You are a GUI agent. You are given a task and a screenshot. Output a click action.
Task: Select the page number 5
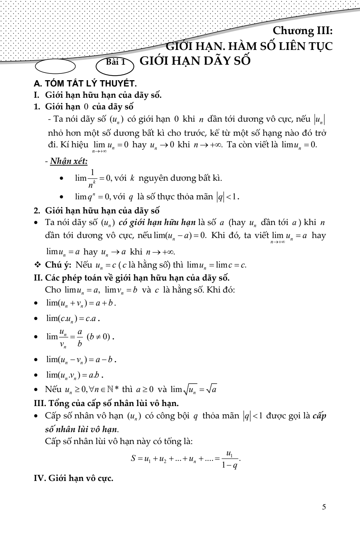[x=324, y=507]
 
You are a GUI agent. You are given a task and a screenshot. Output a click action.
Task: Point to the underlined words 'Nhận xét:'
[x=69, y=161]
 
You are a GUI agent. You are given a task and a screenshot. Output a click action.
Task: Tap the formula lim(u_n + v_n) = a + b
[x=81, y=303]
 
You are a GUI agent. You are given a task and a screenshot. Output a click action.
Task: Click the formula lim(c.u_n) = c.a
[x=73, y=319]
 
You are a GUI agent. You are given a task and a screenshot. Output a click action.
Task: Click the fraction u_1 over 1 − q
[x=230, y=459]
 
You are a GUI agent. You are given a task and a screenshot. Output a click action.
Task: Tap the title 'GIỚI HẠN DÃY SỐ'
[x=195, y=61]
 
